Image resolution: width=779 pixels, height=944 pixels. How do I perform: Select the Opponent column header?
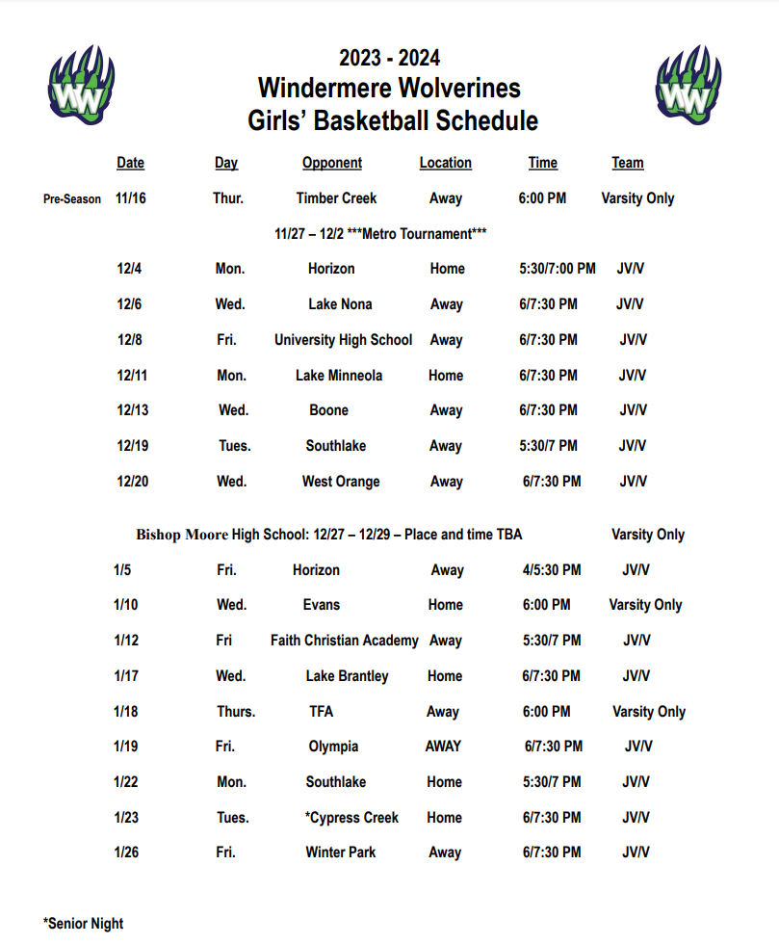click(332, 163)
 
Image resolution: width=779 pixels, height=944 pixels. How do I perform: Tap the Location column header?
click(445, 163)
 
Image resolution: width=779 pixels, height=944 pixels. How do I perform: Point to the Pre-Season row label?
click(72, 199)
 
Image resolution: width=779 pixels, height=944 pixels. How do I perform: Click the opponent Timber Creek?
click(336, 198)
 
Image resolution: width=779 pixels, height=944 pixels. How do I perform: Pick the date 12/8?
click(130, 340)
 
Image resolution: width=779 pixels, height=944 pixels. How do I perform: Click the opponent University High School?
click(343, 340)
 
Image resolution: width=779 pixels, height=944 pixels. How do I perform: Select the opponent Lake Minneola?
click(339, 376)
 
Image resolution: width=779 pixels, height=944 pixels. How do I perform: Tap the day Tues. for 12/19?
click(234, 446)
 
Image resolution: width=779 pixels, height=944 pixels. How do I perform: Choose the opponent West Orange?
click(341, 482)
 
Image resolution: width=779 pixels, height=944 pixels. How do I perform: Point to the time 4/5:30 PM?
click(552, 570)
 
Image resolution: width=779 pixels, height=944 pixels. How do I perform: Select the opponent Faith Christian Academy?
click(344, 641)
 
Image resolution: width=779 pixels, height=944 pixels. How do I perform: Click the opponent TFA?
click(323, 712)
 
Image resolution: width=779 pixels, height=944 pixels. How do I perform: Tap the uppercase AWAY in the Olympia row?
click(443, 747)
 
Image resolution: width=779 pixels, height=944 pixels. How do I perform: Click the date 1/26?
click(126, 852)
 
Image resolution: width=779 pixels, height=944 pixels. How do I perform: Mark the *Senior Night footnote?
click(84, 924)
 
